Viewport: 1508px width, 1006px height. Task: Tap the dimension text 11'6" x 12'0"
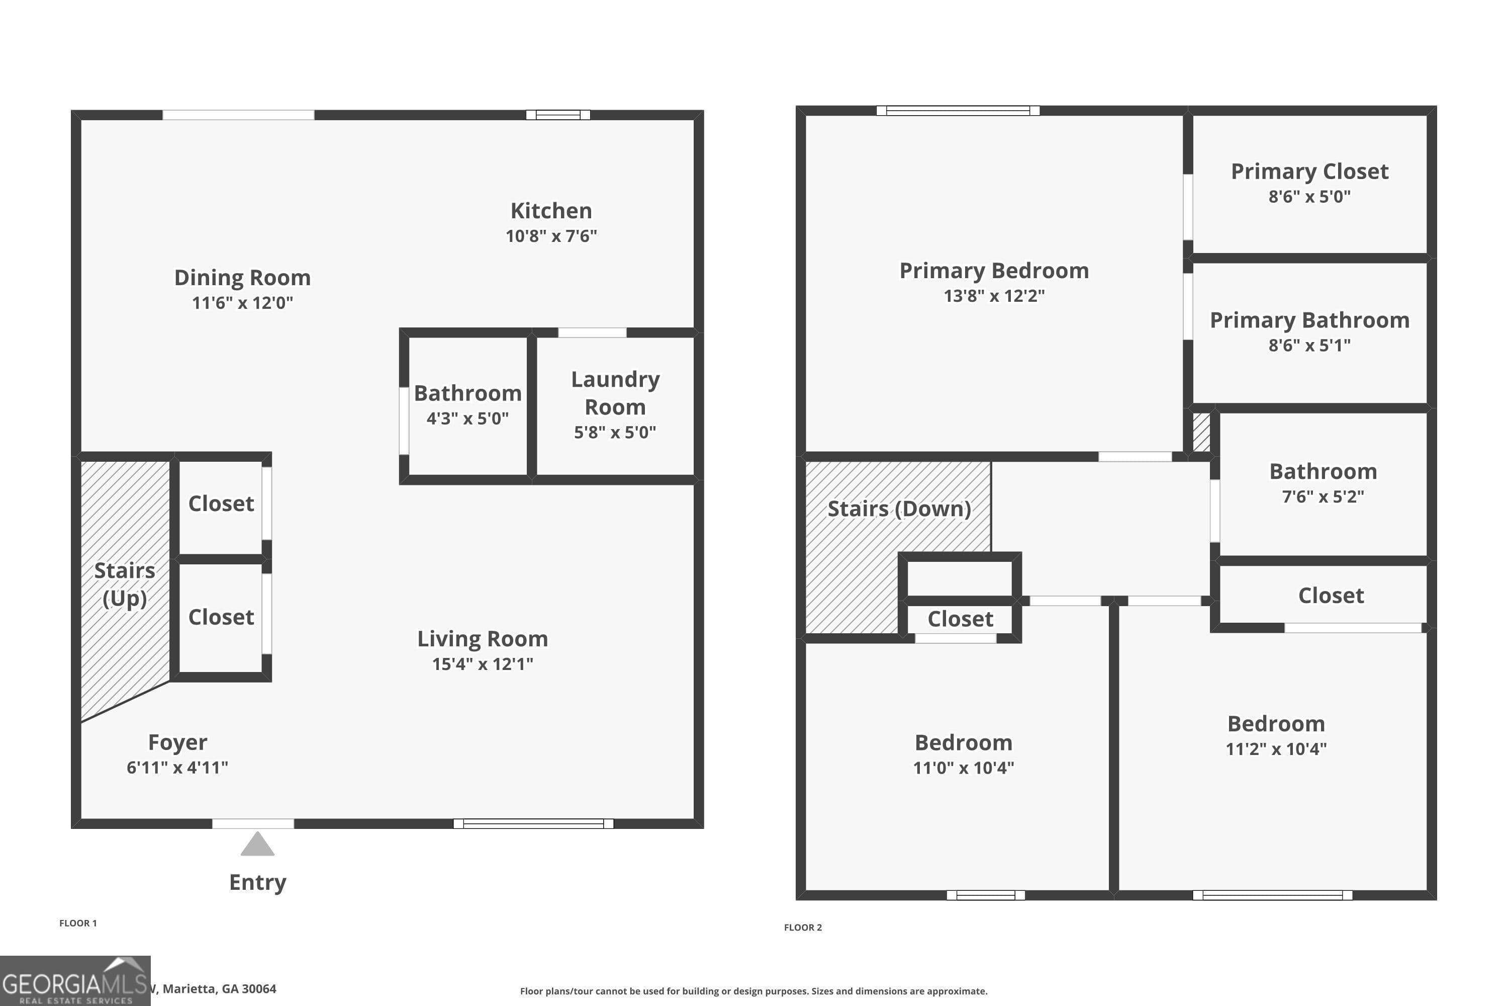[242, 303]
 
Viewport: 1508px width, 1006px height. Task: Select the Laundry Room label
[615, 393]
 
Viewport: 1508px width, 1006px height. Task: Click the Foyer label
[177, 742]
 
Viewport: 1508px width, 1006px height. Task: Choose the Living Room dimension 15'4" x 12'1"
[482, 664]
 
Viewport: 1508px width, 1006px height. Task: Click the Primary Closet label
[1309, 172]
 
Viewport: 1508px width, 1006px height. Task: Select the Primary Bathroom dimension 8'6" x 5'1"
[1309, 345]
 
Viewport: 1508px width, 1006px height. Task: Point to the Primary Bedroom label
[994, 271]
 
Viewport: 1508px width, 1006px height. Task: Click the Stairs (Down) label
[899, 509]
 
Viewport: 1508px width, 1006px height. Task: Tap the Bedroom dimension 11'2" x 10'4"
[1276, 749]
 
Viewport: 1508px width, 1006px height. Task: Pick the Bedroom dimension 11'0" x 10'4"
[963, 768]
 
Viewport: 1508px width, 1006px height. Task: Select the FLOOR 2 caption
[803, 927]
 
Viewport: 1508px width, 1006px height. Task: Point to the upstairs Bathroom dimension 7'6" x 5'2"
[1323, 496]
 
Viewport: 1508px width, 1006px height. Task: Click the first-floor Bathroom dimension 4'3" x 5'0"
[467, 418]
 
